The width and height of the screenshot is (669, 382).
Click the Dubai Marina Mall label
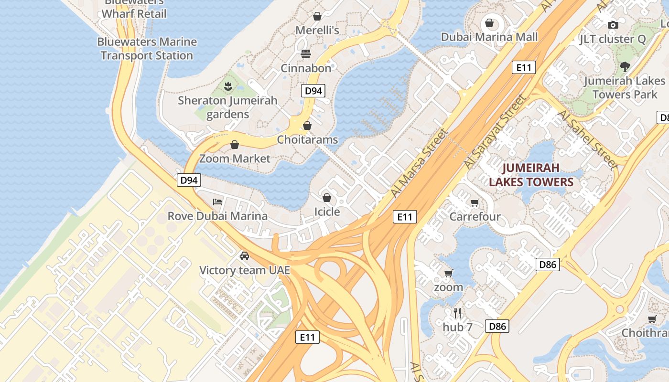pos(489,37)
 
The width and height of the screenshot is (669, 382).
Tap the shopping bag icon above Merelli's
pos(317,16)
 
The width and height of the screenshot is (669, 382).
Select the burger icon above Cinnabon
pos(306,53)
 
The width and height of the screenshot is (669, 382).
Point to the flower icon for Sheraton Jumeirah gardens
pos(228,86)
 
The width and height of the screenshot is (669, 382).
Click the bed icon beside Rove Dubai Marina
pos(217,202)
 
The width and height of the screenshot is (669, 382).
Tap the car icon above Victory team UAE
pos(245,256)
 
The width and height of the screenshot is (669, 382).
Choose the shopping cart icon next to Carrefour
pos(475,202)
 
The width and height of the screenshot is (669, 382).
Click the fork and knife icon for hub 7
pos(457,313)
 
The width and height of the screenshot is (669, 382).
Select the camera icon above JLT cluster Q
pos(613,25)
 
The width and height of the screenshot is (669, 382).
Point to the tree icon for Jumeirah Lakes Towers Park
pos(625,66)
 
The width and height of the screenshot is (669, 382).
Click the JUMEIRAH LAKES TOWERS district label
pos(531,175)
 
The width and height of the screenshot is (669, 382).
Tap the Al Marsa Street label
pos(420,163)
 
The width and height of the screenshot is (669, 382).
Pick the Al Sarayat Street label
pos(494,131)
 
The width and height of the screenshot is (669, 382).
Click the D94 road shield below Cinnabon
pos(313,91)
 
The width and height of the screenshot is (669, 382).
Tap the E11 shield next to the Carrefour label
pos(405,217)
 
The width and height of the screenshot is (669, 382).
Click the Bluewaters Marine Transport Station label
pos(147,49)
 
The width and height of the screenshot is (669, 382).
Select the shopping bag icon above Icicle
pos(327,197)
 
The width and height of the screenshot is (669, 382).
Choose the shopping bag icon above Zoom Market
pos(235,145)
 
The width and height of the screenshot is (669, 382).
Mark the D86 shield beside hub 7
pos(497,326)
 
